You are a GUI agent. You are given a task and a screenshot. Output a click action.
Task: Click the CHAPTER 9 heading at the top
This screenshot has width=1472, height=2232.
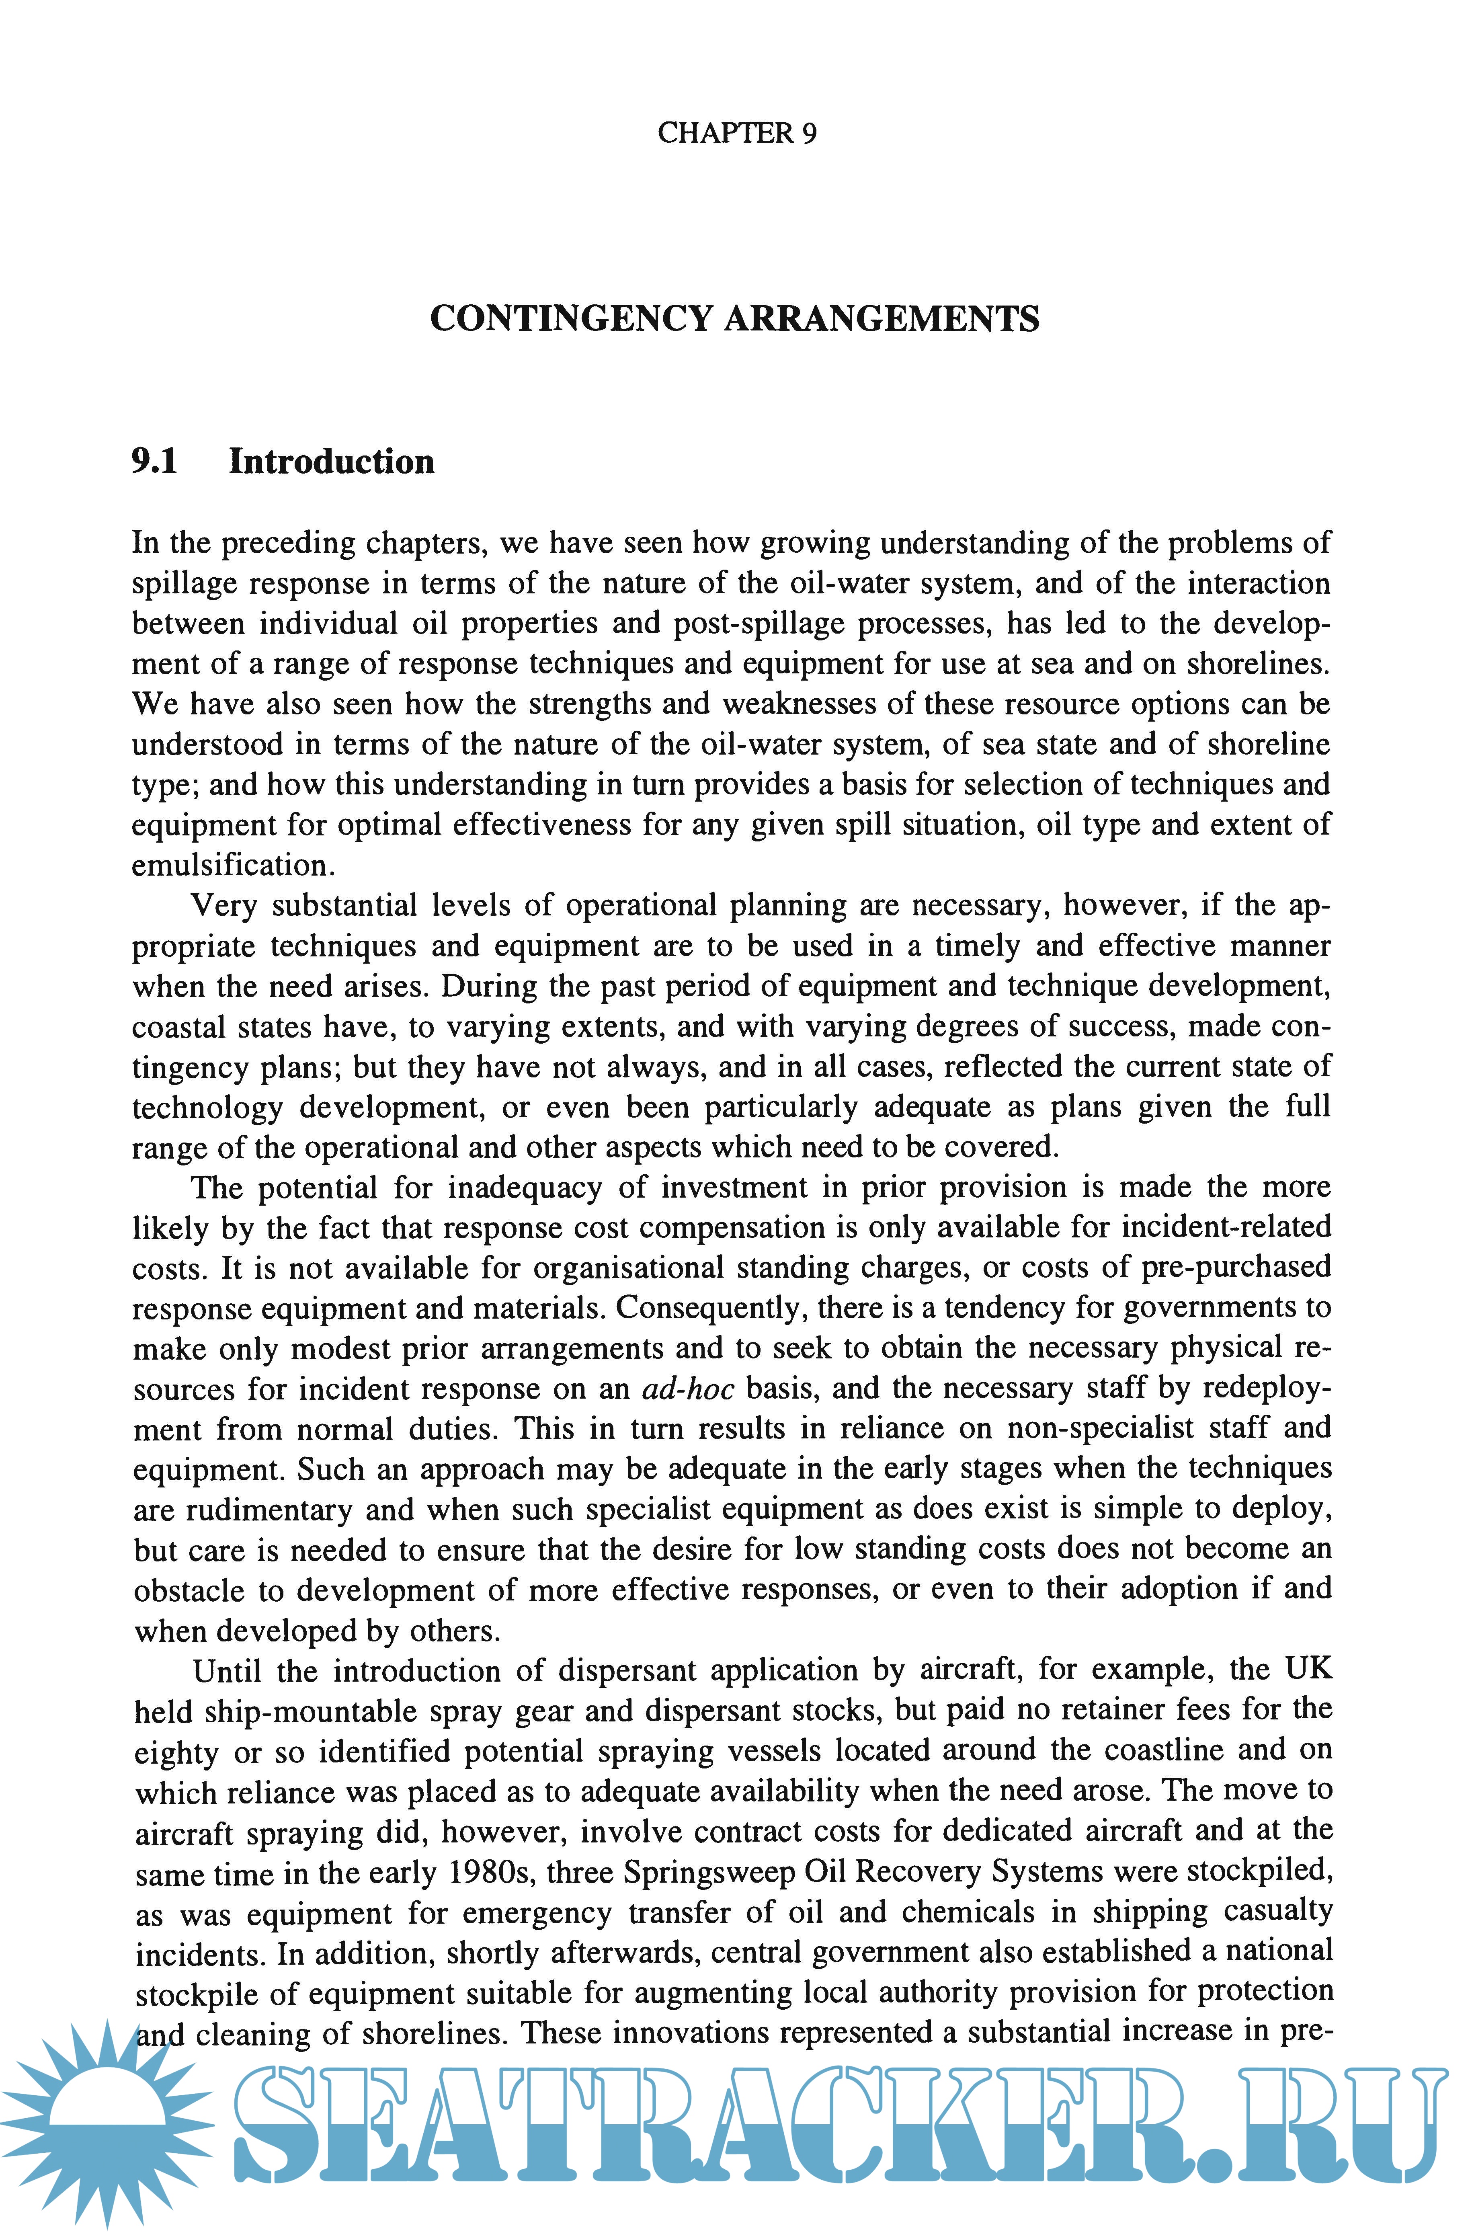(737, 133)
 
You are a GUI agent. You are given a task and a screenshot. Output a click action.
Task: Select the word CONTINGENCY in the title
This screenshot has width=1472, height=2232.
(571, 319)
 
